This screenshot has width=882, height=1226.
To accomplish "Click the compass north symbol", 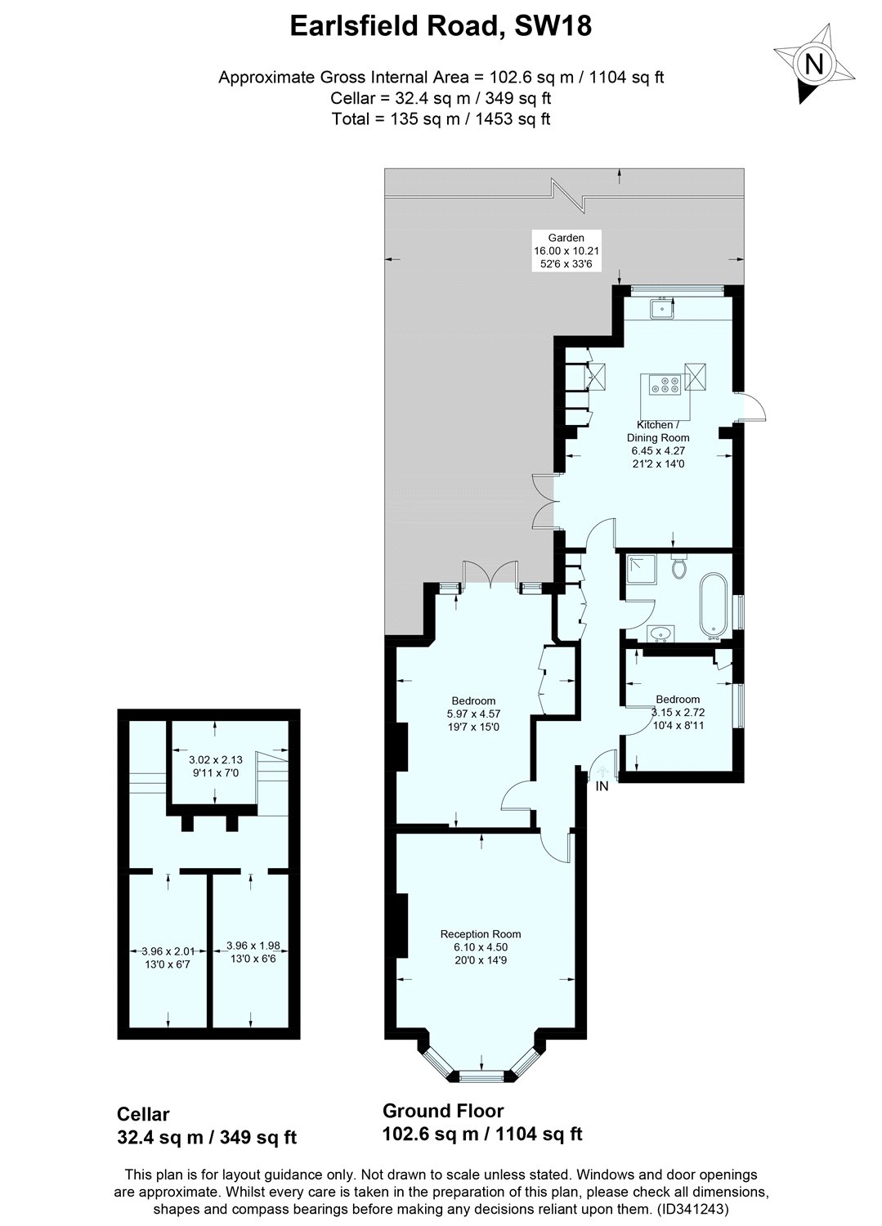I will pyautogui.click(x=813, y=63).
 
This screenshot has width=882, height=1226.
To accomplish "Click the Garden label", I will pyautogui.click(x=566, y=238).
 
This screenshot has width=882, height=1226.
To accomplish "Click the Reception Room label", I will pyautogui.click(x=480, y=934).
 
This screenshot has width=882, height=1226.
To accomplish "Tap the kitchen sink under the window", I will pyautogui.click(x=660, y=309).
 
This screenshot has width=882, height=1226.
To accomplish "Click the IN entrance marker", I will pyautogui.click(x=602, y=786).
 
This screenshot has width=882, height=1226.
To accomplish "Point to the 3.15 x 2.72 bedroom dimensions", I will pyautogui.click(x=678, y=712).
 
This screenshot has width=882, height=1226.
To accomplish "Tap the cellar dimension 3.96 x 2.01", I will pyautogui.click(x=168, y=951).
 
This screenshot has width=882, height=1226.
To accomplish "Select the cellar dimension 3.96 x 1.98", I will pyautogui.click(x=253, y=946).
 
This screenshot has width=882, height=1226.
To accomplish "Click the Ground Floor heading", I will pyautogui.click(x=443, y=1110).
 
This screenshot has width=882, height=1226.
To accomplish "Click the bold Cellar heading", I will pyautogui.click(x=143, y=1113).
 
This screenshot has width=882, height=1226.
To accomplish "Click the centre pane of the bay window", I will pyautogui.click(x=480, y=1076).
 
